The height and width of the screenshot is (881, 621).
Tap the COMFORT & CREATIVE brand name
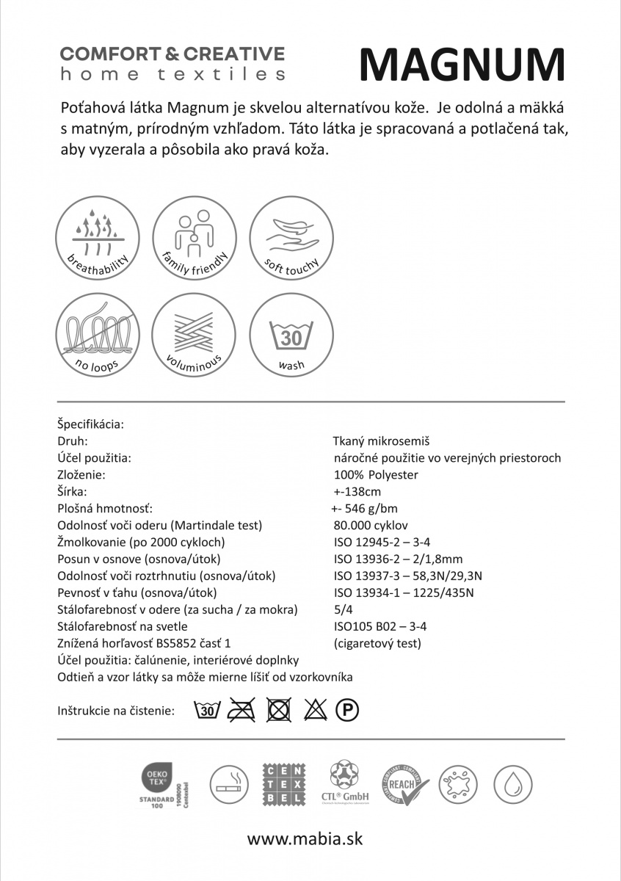172,54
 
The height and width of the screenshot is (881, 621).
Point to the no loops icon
98,334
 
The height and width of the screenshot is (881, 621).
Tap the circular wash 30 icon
291,334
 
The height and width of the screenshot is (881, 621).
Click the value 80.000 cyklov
371,525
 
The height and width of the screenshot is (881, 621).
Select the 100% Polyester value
376,474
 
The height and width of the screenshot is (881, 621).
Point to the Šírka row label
72,491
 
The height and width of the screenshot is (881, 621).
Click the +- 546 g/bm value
365,508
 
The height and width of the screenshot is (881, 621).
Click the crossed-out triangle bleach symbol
315,710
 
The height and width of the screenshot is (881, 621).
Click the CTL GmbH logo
346,783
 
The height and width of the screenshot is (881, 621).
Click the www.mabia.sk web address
305,838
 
